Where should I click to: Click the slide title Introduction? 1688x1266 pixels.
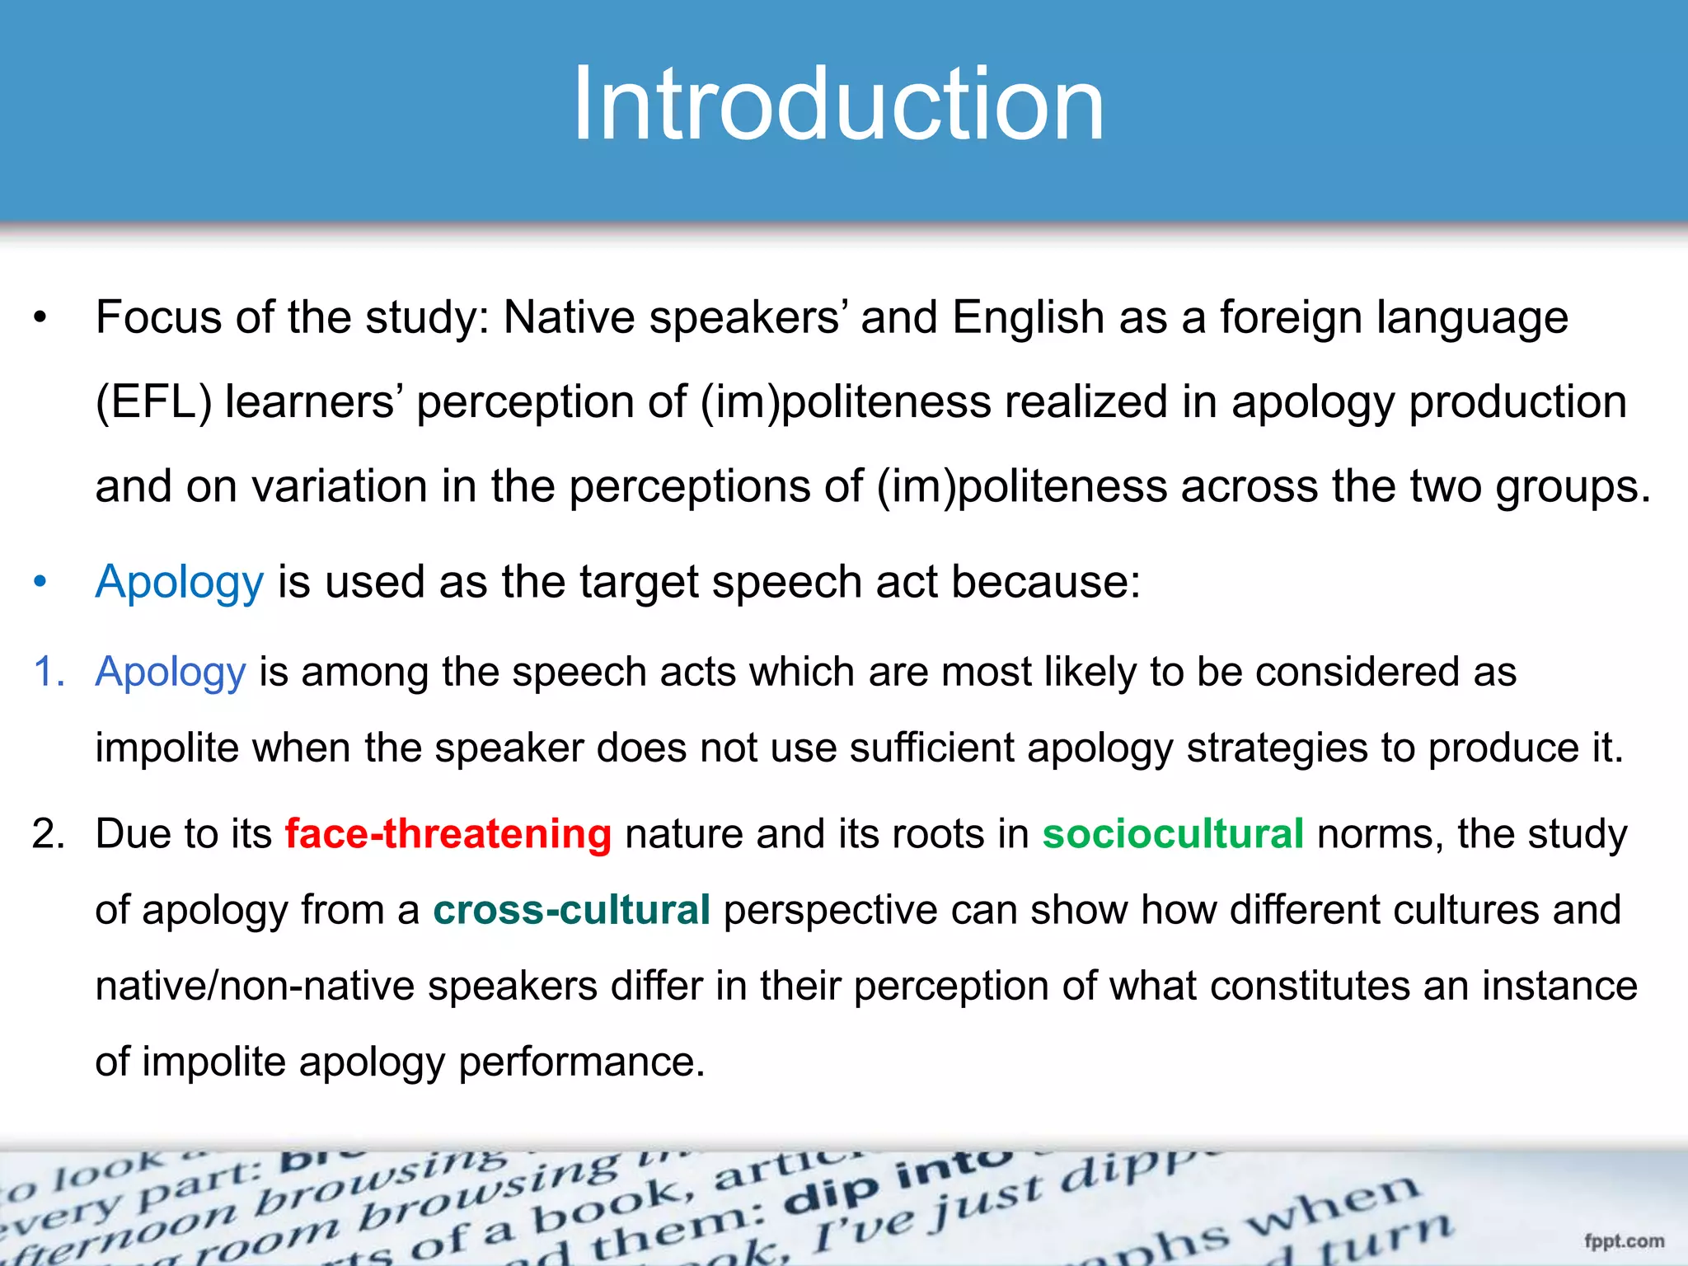click(x=837, y=105)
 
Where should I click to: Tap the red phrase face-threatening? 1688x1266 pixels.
click(x=448, y=833)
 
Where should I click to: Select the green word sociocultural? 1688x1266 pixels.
click(x=1172, y=833)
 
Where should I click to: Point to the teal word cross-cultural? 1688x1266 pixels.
click(x=571, y=910)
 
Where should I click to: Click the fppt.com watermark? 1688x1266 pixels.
click(x=1623, y=1240)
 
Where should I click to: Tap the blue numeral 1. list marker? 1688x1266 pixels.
click(x=49, y=671)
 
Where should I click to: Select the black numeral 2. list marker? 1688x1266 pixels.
click(x=49, y=833)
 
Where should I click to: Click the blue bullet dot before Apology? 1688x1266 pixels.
click(x=40, y=582)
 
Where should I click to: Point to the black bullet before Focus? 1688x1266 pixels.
click(x=40, y=318)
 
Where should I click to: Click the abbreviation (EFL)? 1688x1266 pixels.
click(x=153, y=402)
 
